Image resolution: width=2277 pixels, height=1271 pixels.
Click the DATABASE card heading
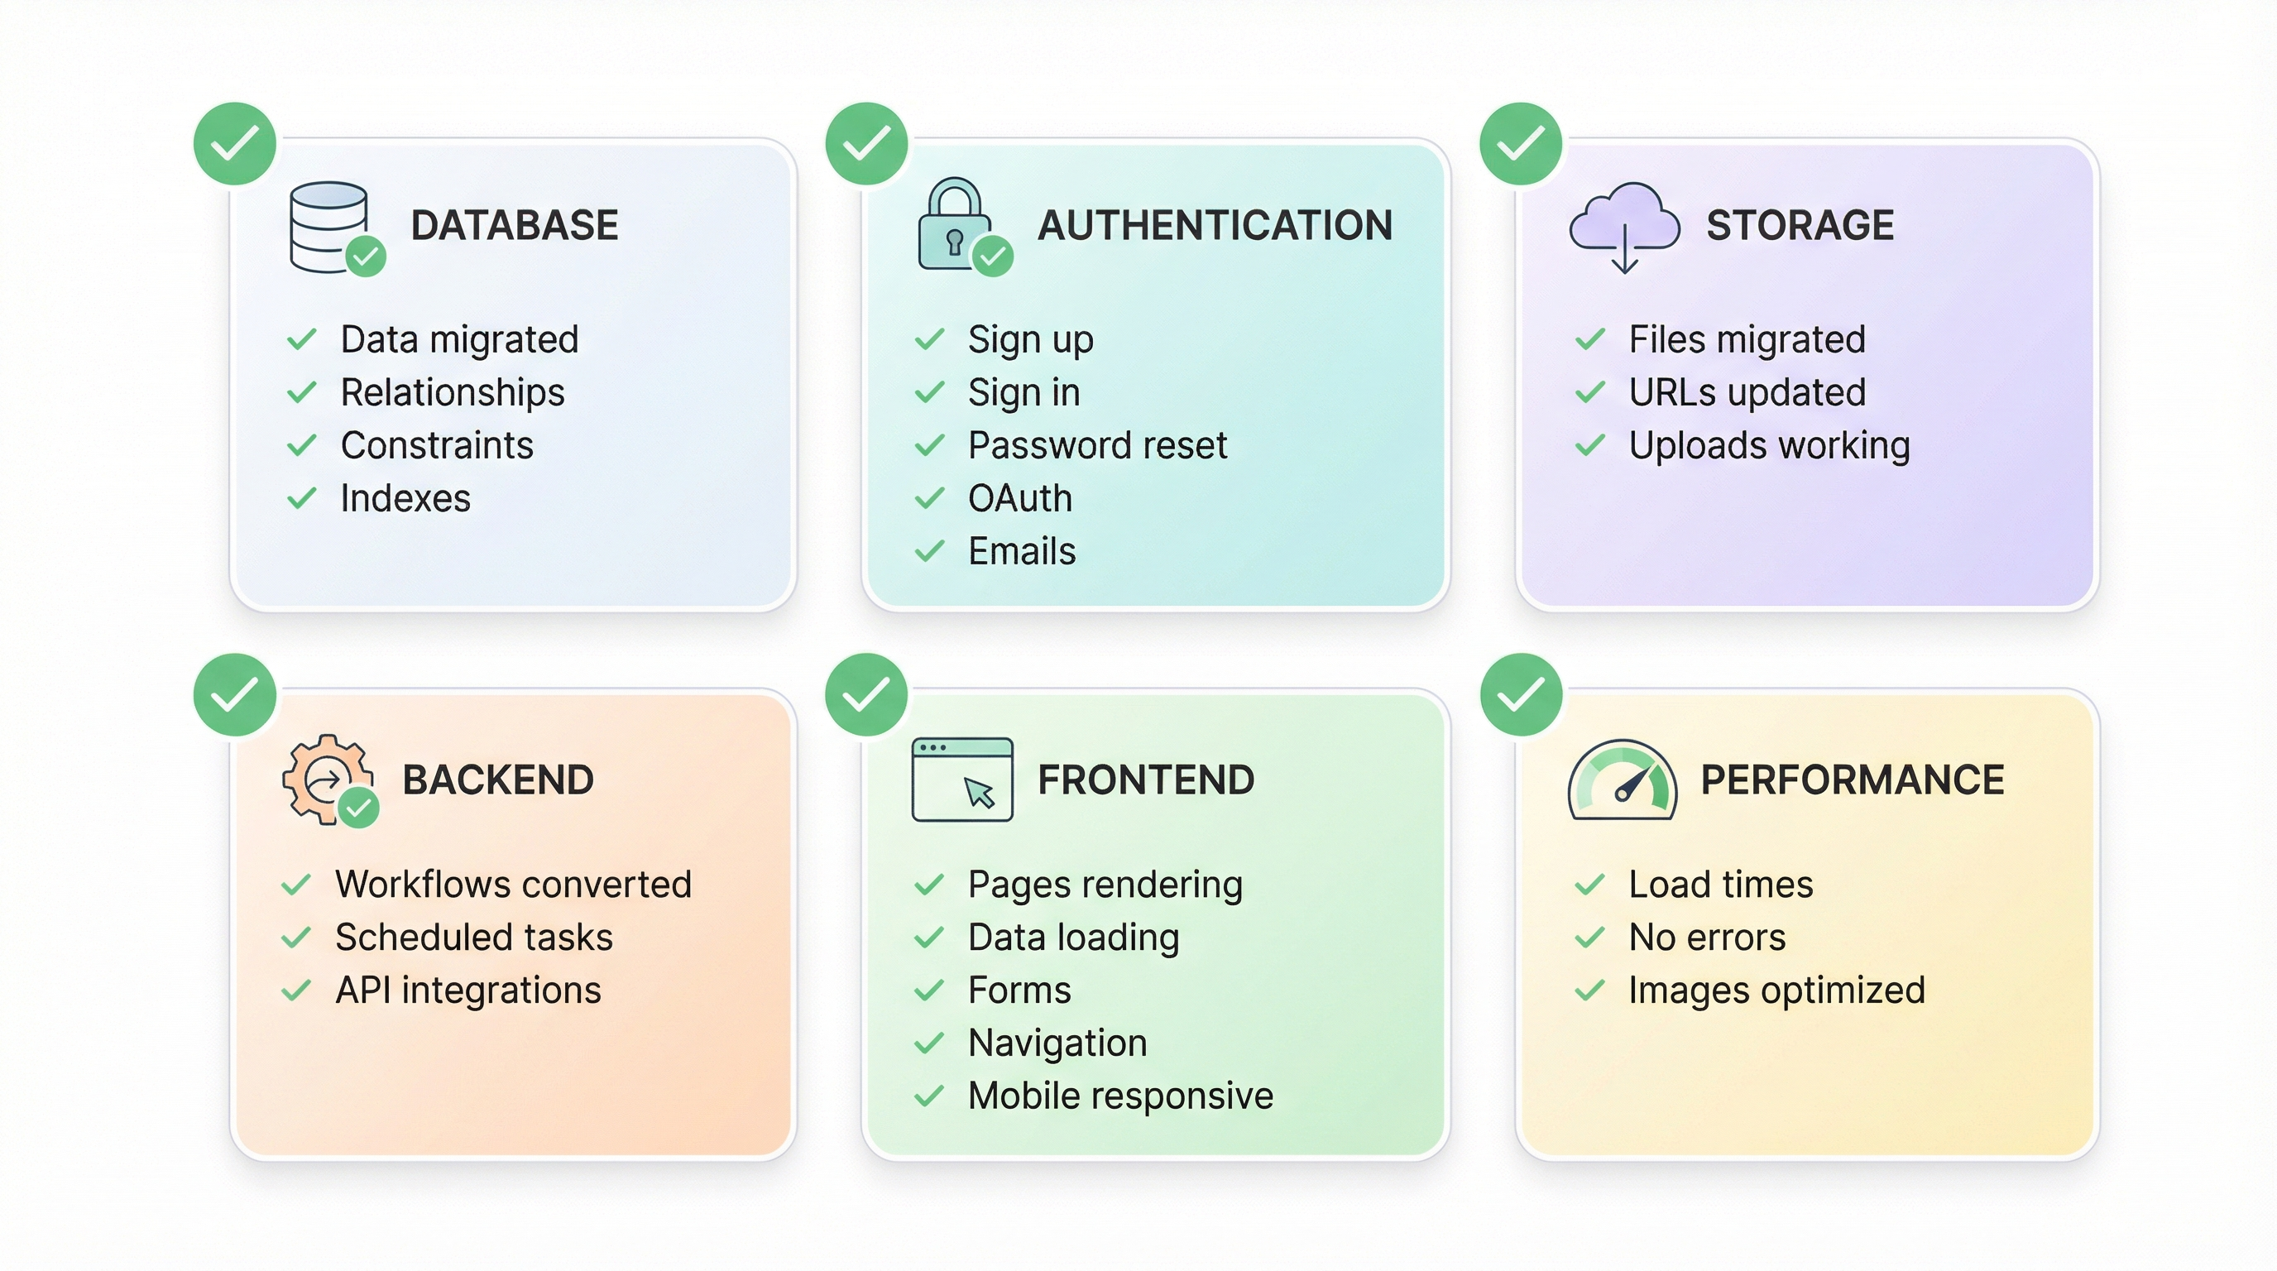(515, 225)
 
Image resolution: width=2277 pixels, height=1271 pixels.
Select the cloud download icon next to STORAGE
(1625, 225)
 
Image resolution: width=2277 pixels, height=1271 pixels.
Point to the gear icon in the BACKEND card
(326, 779)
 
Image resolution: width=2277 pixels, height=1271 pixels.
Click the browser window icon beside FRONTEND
(961, 779)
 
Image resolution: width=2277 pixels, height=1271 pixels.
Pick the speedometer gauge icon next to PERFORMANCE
(1622, 780)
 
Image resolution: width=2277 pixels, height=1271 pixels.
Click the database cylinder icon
(329, 226)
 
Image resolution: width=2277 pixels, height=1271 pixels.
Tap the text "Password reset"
(1097, 445)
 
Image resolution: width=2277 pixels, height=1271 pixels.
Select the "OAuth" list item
(1020, 498)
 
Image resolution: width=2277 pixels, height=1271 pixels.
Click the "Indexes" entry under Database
(405, 498)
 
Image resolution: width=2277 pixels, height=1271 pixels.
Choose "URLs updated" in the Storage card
(1747, 392)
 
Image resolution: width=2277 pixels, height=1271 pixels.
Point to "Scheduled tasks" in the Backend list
(474, 937)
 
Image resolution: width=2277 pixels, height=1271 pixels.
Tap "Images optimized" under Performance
(1776, 990)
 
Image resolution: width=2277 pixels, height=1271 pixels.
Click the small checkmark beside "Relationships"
(301, 392)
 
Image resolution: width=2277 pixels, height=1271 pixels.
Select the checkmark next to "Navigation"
(929, 1043)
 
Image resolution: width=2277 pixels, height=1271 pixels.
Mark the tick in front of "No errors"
(1589, 938)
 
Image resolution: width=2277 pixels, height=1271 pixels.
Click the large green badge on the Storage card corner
(1521, 144)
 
